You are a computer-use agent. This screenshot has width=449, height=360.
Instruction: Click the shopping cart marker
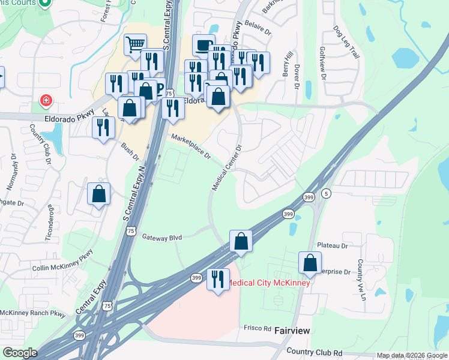tap(135, 43)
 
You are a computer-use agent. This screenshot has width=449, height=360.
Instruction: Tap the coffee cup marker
tap(203, 44)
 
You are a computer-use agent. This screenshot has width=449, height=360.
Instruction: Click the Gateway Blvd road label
tap(161, 238)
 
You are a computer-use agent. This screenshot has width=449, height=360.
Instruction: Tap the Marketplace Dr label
tap(191, 146)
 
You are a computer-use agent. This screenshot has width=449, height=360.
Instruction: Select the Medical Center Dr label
tap(226, 169)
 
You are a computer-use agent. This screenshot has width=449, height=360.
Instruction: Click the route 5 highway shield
tap(326, 194)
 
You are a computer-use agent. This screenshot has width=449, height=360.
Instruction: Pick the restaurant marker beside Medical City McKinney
tap(217, 279)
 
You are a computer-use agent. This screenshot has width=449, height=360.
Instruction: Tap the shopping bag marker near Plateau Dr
tap(310, 262)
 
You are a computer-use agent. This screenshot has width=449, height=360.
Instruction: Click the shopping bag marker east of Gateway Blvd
tap(240, 241)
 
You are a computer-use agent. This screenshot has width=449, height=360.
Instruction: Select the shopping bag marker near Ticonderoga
tap(98, 194)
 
